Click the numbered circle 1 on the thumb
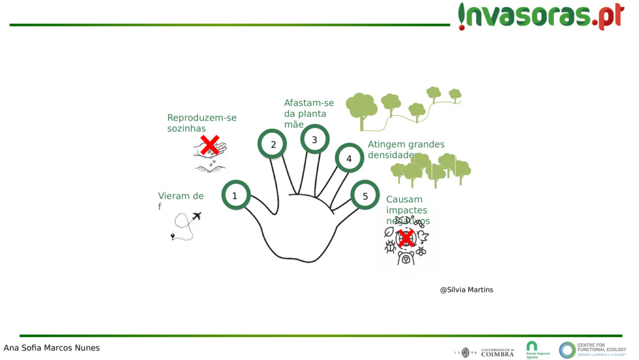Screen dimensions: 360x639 (x=235, y=196)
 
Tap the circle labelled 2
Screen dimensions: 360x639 (x=273, y=145)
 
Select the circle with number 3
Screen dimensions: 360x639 (x=314, y=139)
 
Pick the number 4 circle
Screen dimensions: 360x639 (x=349, y=158)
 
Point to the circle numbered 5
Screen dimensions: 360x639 (x=366, y=196)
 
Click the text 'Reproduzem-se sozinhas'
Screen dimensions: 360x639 (x=201, y=123)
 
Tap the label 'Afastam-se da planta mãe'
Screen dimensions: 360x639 (x=309, y=113)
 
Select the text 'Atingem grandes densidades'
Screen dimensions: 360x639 (x=406, y=149)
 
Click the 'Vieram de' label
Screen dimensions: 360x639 (x=181, y=196)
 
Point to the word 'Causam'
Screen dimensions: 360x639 (x=404, y=200)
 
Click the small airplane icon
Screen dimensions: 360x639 (x=196, y=216)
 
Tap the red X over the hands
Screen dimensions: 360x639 (x=210, y=145)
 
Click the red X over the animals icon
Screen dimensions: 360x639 (x=406, y=239)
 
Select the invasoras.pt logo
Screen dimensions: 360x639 (x=541, y=16)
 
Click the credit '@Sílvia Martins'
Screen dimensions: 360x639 (x=466, y=290)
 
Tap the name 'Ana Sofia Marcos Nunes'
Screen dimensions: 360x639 (x=52, y=348)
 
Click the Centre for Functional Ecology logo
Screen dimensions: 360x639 (x=592, y=350)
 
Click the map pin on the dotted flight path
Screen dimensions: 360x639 (x=173, y=236)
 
